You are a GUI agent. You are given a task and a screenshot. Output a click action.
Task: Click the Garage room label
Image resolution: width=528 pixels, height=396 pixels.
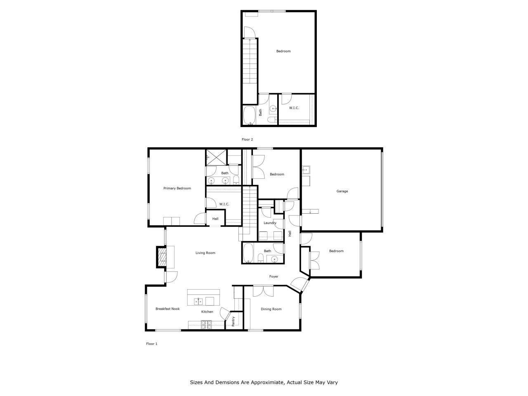click(x=342, y=191)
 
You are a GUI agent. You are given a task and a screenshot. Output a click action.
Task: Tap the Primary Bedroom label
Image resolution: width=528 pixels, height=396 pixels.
click(x=177, y=188)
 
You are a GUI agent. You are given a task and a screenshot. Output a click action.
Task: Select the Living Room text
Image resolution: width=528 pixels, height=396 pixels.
click(x=205, y=253)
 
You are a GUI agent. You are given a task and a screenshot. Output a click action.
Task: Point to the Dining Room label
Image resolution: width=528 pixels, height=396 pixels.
click(x=271, y=309)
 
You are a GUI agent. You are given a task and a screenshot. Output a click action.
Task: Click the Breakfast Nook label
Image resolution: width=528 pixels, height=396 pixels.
click(x=167, y=309)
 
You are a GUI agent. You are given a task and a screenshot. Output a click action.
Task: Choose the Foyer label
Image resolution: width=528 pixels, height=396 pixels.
click(x=273, y=276)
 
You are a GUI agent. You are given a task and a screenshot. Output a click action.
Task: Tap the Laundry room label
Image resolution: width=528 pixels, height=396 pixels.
click(x=270, y=223)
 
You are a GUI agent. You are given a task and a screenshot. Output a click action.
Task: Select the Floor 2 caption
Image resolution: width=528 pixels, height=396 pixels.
click(x=247, y=139)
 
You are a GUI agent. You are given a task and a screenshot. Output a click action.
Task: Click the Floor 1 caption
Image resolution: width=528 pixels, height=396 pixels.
click(x=152, y=344)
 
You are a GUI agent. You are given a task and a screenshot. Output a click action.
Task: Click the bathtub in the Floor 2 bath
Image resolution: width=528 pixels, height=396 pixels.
click(x=249, y=115)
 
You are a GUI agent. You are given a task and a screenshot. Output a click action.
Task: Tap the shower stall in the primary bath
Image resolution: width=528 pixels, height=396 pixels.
click(x=216, y=157)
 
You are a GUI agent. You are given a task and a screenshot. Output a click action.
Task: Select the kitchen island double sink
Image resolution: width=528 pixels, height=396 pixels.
click(x=198, y=301)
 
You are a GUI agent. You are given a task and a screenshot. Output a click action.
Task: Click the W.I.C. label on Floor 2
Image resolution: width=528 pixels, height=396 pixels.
click(x=294, y=108)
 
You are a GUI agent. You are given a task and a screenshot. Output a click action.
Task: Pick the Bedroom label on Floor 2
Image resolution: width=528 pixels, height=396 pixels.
click(x=283, y=51)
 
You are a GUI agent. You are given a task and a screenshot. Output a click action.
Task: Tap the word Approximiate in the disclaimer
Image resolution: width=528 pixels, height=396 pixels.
click(x=262, y=382)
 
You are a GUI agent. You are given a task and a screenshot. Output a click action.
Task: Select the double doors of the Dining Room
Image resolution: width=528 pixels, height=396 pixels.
click(x=263, y=291)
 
